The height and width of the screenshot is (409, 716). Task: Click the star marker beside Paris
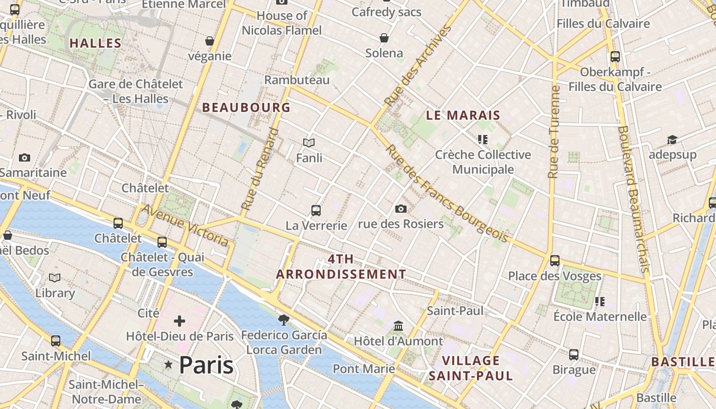pos(168,365)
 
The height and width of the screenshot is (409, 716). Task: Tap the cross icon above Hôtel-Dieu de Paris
pos(180,321)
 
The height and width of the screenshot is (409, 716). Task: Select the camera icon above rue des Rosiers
pos(401,209)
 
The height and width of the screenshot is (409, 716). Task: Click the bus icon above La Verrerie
pos(316,210)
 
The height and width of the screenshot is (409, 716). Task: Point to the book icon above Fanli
pos(309,143)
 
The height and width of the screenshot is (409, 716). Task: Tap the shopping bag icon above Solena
pos(384,38)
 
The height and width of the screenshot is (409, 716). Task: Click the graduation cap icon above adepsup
pos(672,140)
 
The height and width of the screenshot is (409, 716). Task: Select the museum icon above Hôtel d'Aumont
pos(398,326)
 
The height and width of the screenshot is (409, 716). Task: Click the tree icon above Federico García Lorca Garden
pos(283,320)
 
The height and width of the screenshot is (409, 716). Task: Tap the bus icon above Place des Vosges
pos(555,261)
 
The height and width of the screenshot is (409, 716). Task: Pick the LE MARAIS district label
pos(463,116)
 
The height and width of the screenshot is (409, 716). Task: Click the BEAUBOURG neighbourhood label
pos(247,107)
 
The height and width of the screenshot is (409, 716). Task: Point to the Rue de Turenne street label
pos(554,132)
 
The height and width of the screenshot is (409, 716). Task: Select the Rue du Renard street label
pos(261,169)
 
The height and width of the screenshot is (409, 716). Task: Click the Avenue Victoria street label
pos(185,225)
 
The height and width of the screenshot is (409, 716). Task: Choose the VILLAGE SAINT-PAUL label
pos(471,368)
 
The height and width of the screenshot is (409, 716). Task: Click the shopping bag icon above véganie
pos(210,41)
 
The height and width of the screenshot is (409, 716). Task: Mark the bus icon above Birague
pos(574,354)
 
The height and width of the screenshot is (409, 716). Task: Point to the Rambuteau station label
pos(297,80)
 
